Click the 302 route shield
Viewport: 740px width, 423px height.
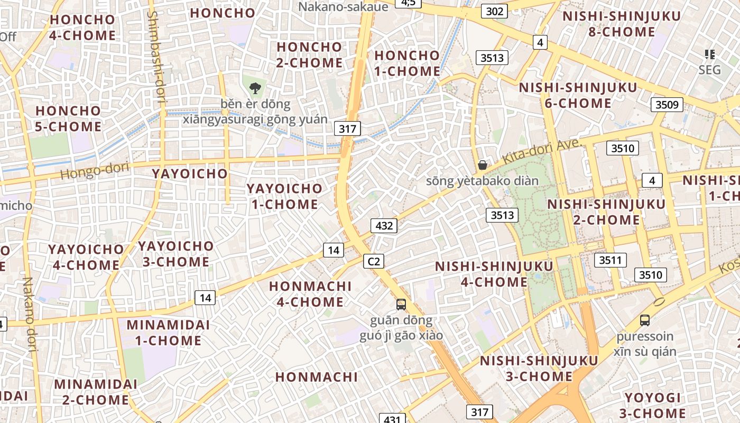coord(495,11)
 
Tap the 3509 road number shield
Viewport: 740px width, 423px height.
coord(666,105)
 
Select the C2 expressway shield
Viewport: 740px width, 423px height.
coord(374,261)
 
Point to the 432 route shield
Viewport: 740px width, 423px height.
coord(384,226)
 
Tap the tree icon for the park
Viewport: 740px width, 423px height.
coord(255,88)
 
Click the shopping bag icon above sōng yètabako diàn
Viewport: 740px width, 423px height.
coord(482,165)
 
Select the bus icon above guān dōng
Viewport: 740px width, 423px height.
coord(401,304)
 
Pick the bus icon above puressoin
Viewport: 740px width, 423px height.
coord(644,320)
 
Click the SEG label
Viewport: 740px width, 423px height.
coord(709,70)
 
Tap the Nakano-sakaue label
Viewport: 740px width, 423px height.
coord(343,6)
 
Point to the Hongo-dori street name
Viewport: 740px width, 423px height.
coord(95,170)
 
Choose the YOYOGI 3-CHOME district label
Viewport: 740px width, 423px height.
coord(655,406)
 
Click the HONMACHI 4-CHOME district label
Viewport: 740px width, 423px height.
coord(310,294)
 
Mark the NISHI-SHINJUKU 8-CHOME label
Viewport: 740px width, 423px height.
coord(622,24)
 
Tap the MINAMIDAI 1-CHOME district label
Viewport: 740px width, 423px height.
coord(168,333)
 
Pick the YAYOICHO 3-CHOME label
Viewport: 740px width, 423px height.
coord(175,254)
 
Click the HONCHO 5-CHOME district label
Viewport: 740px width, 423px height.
coord(68,118)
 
